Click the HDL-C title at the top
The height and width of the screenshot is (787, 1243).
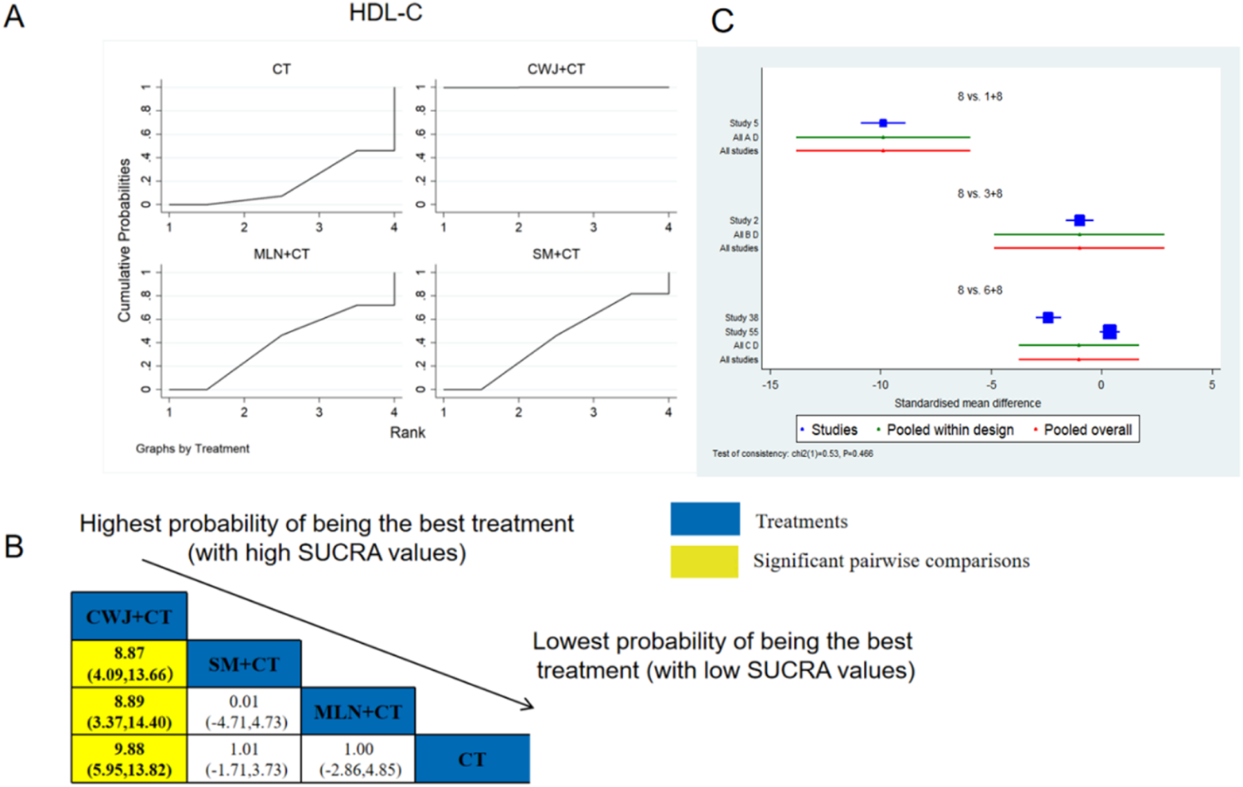[x=385, y=14]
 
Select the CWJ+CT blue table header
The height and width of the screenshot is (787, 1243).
[x=130, y=616]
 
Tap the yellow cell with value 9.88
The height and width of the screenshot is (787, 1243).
[x=130, y=758]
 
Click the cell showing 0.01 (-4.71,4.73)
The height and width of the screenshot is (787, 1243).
[x=244, y=711]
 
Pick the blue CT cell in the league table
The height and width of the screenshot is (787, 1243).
[x=472, y=759]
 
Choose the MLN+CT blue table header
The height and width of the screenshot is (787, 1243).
[x=358, y=711]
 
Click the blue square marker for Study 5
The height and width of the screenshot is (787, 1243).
[x=883, y=123]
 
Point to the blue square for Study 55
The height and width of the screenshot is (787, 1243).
[x=1109, y=331]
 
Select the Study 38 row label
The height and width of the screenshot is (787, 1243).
[x=741, y=318]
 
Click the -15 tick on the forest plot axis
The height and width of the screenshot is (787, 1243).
[x=769, y=385]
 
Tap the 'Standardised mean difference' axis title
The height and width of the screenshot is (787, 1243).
[x=967, y=403]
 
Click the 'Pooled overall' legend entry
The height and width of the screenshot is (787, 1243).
[x=1086, y=430]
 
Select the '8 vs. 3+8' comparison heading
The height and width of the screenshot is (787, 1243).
[x=979, y=193]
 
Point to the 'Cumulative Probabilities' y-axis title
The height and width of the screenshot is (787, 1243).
[x=124, y=240]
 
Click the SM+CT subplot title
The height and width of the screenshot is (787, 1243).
[x=556, y=254]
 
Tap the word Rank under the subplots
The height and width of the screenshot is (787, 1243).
[x=407, y=432]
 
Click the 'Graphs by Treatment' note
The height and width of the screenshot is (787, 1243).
[x=192, y=448]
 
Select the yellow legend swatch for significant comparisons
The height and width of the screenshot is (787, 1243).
[x=704, y=561]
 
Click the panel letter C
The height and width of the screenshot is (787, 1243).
[x=722, y=20]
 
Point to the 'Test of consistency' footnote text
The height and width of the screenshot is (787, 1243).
[x=792, y=454]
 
